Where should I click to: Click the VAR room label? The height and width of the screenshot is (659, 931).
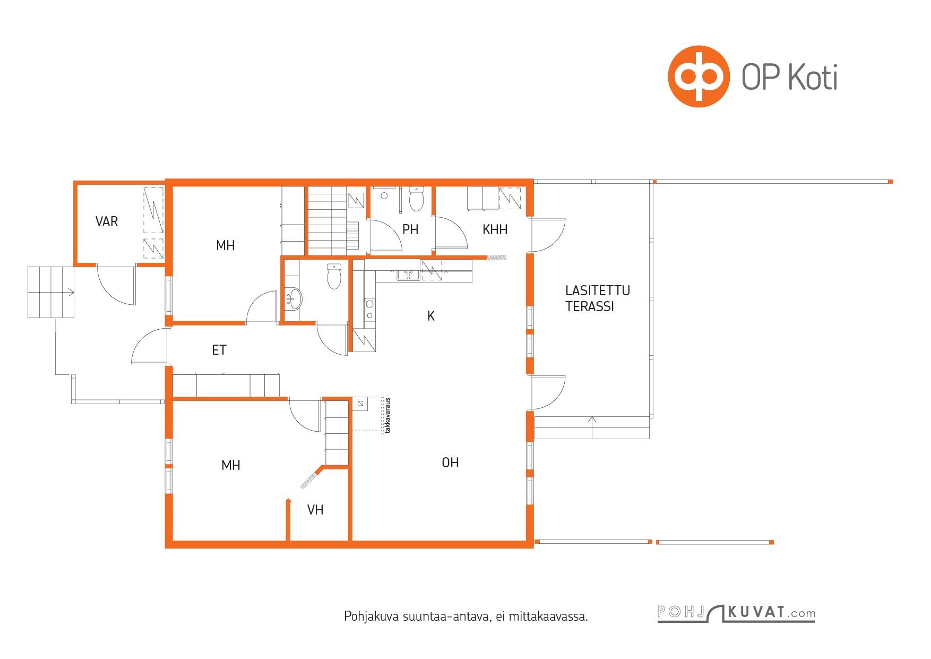[x=107, y=221]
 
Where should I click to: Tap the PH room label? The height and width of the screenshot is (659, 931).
[x=410, y=229]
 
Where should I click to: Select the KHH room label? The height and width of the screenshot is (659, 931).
[x=495, y=229]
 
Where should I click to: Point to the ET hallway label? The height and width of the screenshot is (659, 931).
[x=219, y=350]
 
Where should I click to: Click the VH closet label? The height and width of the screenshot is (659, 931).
[x=315, y=510]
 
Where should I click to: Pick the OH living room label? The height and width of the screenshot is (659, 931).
[x=450, y=463]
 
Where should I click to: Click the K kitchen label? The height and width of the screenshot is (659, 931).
[x=431, y=316]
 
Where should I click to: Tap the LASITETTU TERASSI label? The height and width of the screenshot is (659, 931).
[x=598, y=298]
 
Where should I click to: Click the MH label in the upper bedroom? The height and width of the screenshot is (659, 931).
[x=226, y=245]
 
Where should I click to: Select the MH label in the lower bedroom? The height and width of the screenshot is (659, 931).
[x=231, y=465]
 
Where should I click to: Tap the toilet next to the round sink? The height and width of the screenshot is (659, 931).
[x=334, y=277]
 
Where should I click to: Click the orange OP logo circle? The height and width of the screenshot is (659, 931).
[x=698, y=76]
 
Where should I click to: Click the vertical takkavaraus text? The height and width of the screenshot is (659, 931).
[x=388, y=416]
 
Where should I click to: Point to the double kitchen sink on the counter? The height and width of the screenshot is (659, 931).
[x=407, y=275]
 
